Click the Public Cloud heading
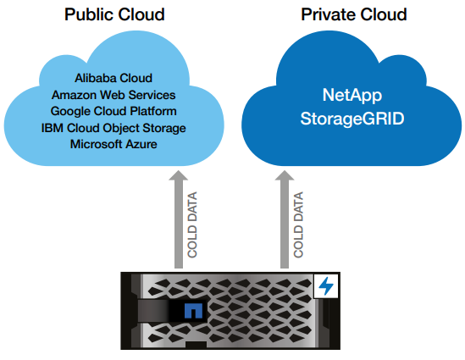(x=114, y=14)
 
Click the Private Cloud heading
(x=353, y=14)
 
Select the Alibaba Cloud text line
(x=113, y=78)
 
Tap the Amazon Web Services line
(x=113, y=95)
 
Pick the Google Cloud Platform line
(x=113, y=112)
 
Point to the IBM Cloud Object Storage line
(x=113, y=128)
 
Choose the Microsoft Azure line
(x=113, y=144)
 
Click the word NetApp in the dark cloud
(x=352, y=96)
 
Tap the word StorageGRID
(x=352, y=119)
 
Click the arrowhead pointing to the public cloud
(x=178, y=175)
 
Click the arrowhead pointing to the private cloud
(x=285, y=175)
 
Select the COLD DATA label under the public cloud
(x=192, y=224)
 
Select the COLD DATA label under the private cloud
(x=298, y=224)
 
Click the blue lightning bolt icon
(x=326, y=285)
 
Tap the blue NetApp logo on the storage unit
(x=193, y=311)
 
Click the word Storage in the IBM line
(x=164, y=128)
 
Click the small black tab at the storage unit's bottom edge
(x=196, y=345)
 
